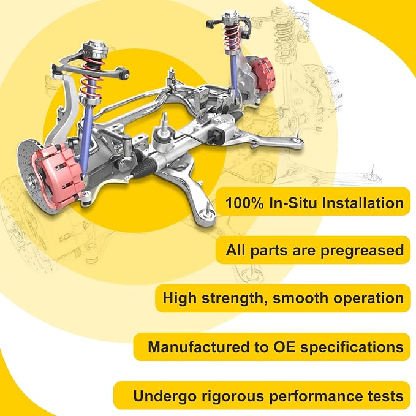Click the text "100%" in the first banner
click(x=244, y=203)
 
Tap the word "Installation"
click(x=363, y=203)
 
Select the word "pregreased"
click(x=362, y=251)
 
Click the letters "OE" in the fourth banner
click(x=285, y=347)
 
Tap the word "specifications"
click(x=352, y=347)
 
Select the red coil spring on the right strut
click(x=232, y=37)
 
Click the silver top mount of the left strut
click(x=96, y=50)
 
